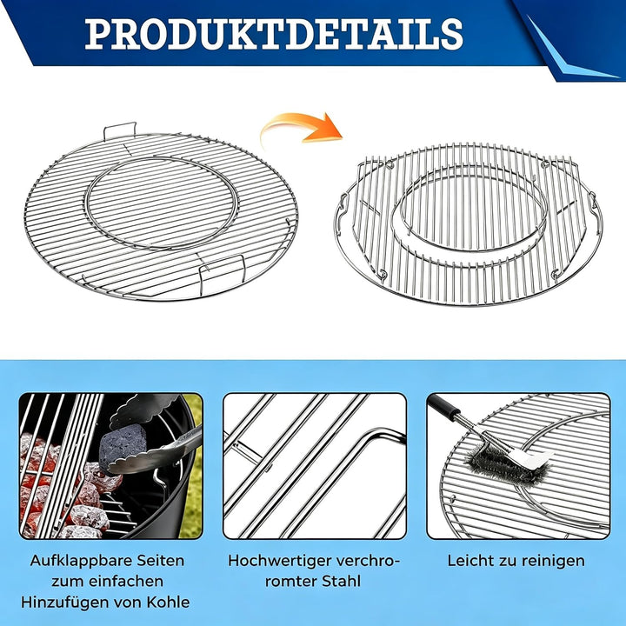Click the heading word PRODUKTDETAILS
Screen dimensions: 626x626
[x=274, y=34]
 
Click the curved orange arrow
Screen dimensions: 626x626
[x=303, y=127]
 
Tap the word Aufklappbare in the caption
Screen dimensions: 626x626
[x=80, y=561]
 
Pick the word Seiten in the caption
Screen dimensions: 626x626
[x=161, y=561]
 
